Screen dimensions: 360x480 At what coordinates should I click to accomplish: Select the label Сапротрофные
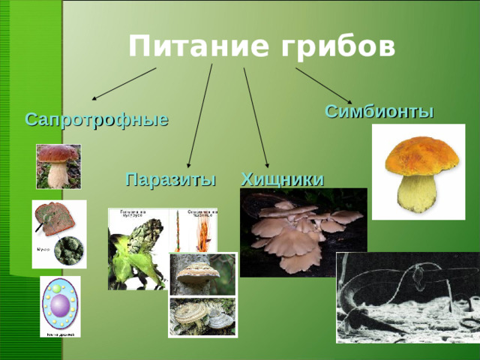tap(97, 119)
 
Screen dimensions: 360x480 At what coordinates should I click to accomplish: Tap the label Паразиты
tap(171, 179)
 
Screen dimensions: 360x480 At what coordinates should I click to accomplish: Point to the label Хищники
tap(283, 179)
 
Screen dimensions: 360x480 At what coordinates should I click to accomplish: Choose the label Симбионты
tap(379, 112)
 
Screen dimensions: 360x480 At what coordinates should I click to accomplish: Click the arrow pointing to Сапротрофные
tap(124, 84)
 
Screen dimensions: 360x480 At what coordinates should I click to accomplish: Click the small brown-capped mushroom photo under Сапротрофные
tap(58, 166)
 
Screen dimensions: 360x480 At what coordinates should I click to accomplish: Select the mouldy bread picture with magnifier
tap(58, 233)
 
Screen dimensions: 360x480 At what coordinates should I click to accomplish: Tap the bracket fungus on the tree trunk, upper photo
tap(202, 273)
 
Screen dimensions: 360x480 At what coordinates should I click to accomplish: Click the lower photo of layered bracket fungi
tap(202, 317)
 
